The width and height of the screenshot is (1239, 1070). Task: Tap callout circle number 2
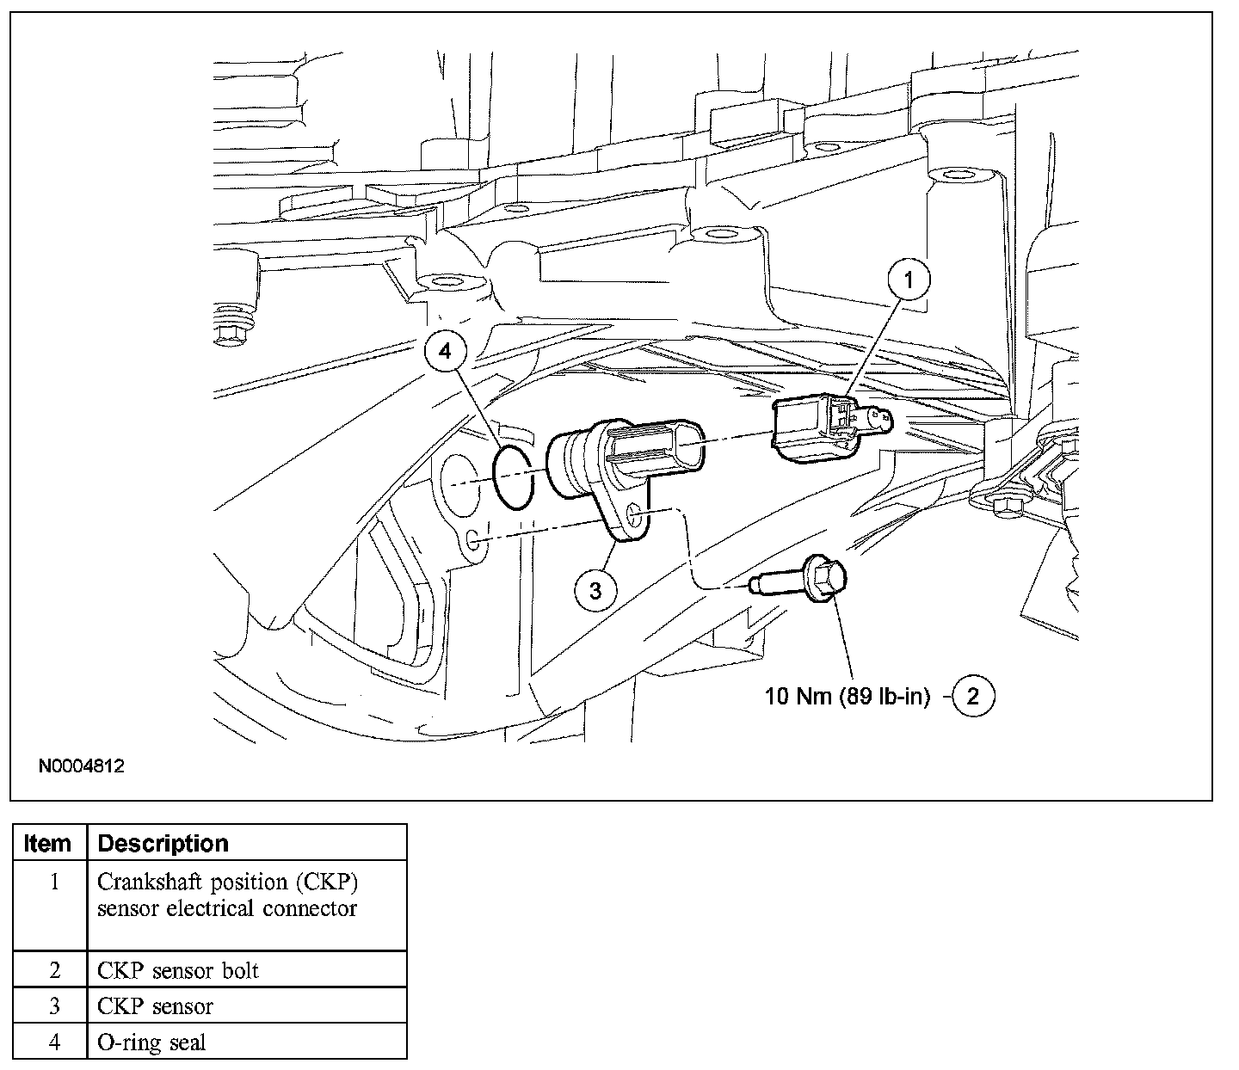coord(972,696)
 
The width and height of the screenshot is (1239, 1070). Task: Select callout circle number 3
coord(596,589)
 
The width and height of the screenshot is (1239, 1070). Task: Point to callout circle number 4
coord(444,350)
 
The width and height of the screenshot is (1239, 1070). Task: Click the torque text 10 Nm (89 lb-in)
coord(848,696)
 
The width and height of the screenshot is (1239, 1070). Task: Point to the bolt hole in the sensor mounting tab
coord(635,513)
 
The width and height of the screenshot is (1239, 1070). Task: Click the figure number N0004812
coord(82,765)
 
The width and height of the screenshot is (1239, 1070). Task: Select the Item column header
coord(48,843)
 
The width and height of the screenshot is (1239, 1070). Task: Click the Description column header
coord(163,843)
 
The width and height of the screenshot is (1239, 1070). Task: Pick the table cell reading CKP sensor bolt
coord(178,970)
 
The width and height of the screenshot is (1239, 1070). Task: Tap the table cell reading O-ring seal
coord(151,1042)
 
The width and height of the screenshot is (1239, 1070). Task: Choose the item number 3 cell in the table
coord(53,1006)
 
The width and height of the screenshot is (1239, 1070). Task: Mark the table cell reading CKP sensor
coord(155,1006)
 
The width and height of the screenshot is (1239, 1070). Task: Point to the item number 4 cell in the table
coord(53,1042)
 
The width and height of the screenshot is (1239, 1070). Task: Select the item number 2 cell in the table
coord(53,970)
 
